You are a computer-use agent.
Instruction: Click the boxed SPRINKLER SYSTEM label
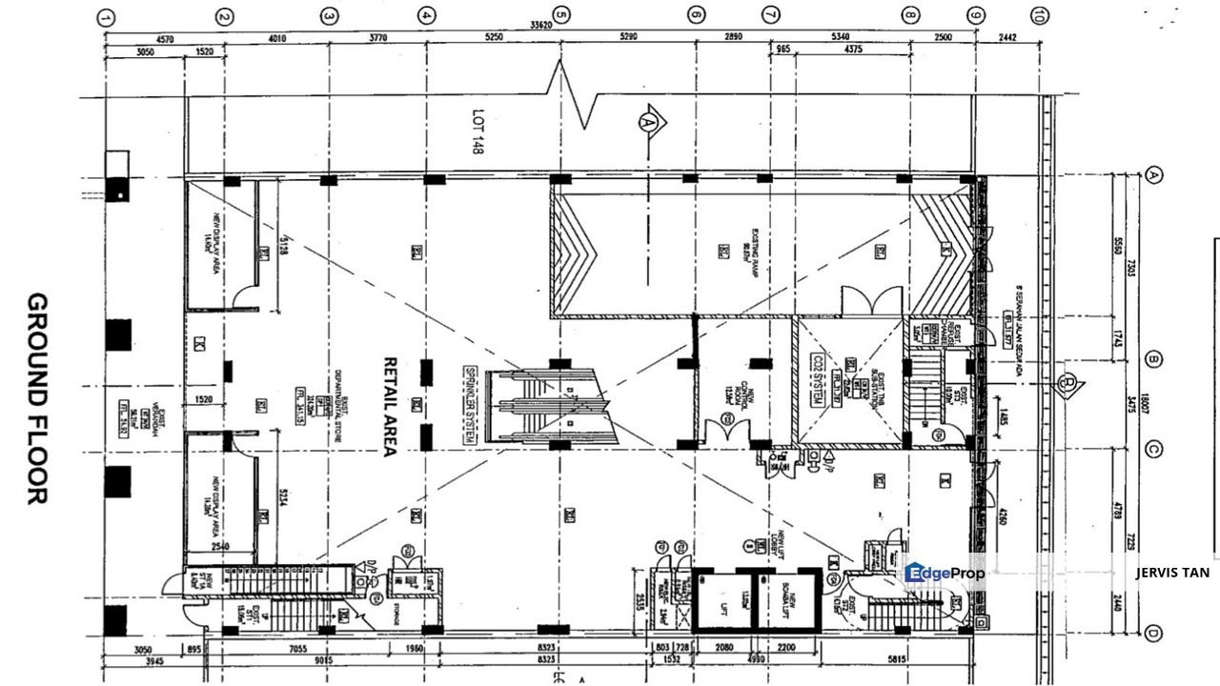(469, 405)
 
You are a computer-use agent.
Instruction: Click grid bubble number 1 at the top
(106, 16)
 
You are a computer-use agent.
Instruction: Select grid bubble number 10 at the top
(1038, 16)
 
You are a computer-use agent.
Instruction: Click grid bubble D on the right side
(1154, 634)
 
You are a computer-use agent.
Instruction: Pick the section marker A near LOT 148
(650, 122)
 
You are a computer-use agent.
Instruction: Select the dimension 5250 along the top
(493, 39)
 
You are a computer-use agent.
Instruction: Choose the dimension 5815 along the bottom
(898, 659)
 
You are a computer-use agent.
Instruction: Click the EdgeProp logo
(945, 573)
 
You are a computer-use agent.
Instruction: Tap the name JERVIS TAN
(1172, 573)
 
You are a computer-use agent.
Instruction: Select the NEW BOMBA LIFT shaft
(786, 600)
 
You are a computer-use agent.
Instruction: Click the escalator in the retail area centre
(550, 405)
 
